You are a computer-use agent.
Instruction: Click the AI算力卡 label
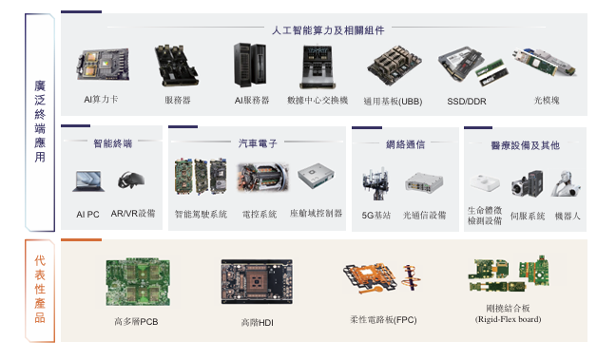(102, 99)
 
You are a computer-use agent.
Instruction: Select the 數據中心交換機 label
(318, 100)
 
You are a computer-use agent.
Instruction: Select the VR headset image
(130, 179)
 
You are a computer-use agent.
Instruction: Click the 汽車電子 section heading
(258, 143)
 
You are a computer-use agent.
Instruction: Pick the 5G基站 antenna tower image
(370, 180)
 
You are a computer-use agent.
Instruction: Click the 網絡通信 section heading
(406, 144)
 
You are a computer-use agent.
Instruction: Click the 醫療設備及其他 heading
(525, 145)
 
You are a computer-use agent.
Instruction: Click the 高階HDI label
(257, 324)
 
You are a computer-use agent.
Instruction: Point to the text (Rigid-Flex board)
(508, 320)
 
